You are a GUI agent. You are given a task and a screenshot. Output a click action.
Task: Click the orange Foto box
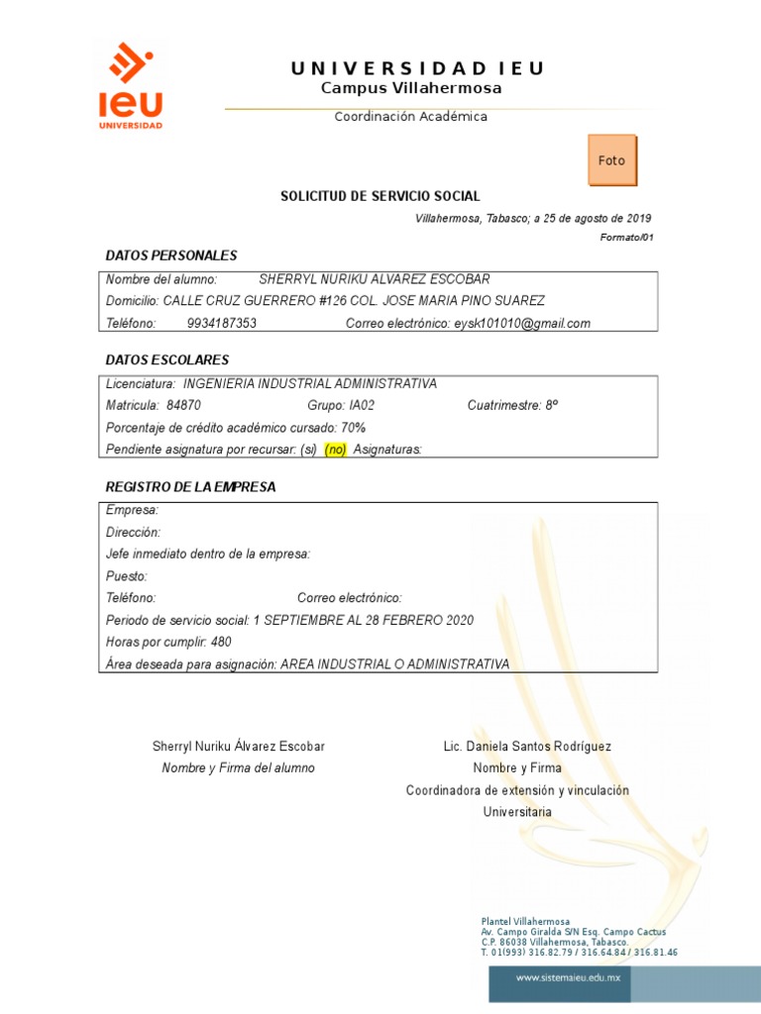pos(612,160)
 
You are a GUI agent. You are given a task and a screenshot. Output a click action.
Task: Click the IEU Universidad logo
pos(130,86)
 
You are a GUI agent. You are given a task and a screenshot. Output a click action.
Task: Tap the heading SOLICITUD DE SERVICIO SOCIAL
pos(380,197)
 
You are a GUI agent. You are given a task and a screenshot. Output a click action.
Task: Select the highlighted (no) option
pos(335,450)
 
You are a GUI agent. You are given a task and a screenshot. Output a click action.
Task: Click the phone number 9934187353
pos(221,323)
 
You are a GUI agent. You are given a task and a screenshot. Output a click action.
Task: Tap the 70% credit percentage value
pos(354,427)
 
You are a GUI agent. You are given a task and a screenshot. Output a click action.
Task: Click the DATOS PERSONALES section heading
pos(171,255)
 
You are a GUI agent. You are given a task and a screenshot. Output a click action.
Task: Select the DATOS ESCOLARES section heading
pos(167,359)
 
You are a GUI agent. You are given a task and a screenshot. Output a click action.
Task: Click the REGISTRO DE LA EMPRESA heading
pos(190,487)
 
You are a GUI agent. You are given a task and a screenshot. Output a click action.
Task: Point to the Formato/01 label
pos(627,238)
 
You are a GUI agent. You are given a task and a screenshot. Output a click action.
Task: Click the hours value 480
pos(221,642)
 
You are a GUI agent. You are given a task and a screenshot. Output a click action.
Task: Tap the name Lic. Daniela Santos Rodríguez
pos(527,746)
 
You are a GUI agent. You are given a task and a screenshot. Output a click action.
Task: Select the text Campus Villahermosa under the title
pos(411,88)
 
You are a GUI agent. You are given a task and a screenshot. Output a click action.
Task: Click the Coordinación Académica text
pos(410,117)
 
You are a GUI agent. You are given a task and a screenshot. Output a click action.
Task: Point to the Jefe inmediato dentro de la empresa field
pos(208,554)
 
